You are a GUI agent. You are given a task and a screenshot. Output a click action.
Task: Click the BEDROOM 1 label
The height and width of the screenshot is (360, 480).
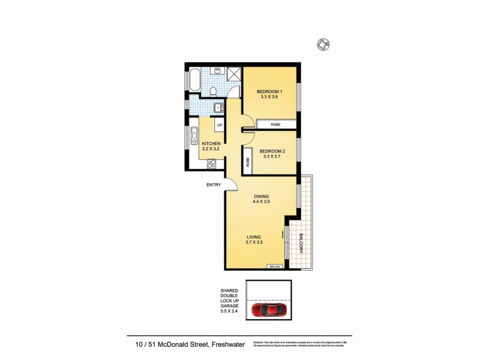[x=269, y=91]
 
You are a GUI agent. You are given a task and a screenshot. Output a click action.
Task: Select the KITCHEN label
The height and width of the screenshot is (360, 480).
[x=211, y=143]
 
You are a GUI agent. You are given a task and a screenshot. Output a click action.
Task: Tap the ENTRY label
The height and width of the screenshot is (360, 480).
[x=214, y=185]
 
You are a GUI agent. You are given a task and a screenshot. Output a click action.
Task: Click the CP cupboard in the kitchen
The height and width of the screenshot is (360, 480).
[x=220, y=125]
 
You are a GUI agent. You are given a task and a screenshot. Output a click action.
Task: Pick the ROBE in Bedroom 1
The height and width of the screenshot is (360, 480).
[x=276, y=124]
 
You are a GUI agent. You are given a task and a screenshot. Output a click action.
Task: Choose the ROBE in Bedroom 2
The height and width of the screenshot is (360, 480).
[x=247, y=161]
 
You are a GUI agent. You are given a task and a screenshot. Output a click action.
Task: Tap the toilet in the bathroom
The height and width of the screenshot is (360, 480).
[x=214, y=91]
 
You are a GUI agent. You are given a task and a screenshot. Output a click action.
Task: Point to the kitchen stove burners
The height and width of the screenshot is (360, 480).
[x=212, y=164]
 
